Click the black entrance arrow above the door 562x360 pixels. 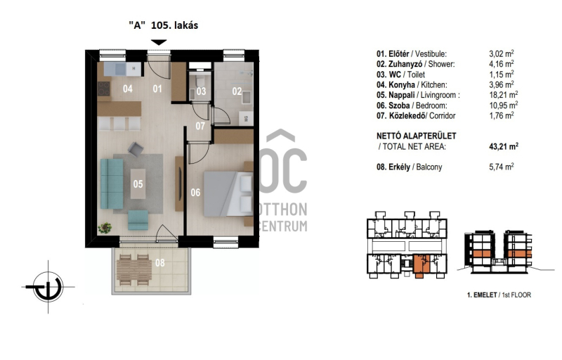coord(159,42)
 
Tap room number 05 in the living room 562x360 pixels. coord(138,184)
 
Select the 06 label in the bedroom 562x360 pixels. coord(195,193)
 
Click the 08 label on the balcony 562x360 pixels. coord(160,262)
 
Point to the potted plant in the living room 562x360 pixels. coord(105,227)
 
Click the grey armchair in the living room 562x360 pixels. coord(136,149)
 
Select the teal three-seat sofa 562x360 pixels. coord(112,184)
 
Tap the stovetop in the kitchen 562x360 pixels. coord(104,89)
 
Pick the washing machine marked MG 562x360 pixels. coord(247,118)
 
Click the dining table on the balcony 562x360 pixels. coord(134,269)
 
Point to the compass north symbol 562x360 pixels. coord(48,287)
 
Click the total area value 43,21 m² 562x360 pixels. coord(504,146)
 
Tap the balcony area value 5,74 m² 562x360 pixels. coord(502,167)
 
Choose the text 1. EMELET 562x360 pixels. coord(482,295)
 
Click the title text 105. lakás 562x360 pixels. coord(174,25)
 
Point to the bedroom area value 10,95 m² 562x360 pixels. coord(503,105)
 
